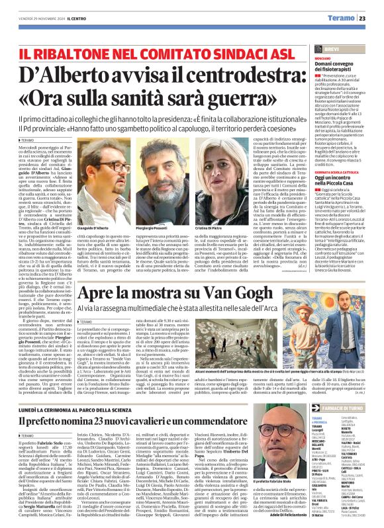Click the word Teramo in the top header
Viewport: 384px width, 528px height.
coord(345,18)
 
